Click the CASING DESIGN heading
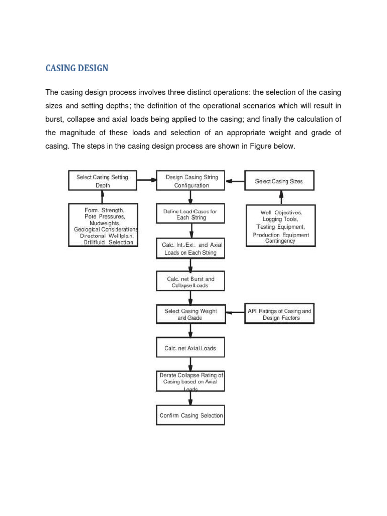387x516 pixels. click(x=77, y=68)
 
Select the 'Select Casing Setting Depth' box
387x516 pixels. click(x=102, y=181)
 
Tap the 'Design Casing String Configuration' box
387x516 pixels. click(x=190, y=181)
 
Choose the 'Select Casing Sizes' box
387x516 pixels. click(x=279, y=181)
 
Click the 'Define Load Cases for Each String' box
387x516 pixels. click(x=190, y=215)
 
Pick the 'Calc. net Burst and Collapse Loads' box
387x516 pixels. click(x=190, y=282)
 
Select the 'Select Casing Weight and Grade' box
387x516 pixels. click(x=190, y=315)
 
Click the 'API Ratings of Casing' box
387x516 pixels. click(x=280, y=315)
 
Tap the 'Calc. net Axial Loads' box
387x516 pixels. click(x=190, y=348)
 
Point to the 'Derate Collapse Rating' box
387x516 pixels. click(x=190, y=381)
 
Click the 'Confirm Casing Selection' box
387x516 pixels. click(x=190, y=416)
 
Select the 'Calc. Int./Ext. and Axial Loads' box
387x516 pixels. click(x=190, y=249)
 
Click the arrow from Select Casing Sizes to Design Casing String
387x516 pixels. click(x=235, y=181)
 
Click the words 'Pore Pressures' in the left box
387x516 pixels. click(x=105, y=216)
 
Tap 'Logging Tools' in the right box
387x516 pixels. click(x=280, y=219)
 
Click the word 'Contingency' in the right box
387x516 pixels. click(x=280, y=241)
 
